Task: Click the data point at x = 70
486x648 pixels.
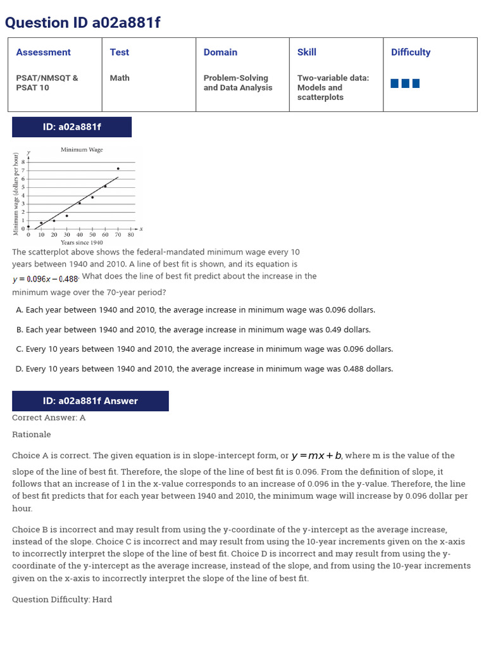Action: click(x=118, y=168)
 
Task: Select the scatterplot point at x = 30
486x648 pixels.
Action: click(x=66, y=216)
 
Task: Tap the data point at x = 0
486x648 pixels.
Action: click(x=28, y=226)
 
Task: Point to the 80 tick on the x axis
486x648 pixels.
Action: click(x=130, y=235)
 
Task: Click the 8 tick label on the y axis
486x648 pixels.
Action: click(x=23, y=163)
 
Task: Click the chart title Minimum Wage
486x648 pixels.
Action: click(x=82, y=150)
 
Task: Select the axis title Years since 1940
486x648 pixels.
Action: click(x=82, y=242)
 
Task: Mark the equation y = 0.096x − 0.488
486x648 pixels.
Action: click(x=46, y=279)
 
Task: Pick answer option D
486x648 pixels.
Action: click(x=204, y=369)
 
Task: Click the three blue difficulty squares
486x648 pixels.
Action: click(x=405, y=83)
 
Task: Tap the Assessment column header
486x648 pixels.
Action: click(x=43, y=53)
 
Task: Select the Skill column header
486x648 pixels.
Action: click(x=307, y=53)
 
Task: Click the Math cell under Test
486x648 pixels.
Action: click(x=120, y=78)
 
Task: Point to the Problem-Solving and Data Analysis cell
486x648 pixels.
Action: click(x=238, y=83)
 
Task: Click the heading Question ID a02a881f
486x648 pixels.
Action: click(x=83, y=23)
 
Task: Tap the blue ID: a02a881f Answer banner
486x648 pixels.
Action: click(x=90, y=401)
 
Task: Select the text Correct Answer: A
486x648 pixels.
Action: click(x=49, y=418)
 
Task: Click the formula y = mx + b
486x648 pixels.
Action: click(x=316, y=456)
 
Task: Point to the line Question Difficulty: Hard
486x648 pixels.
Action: click(x=62, y=599)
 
